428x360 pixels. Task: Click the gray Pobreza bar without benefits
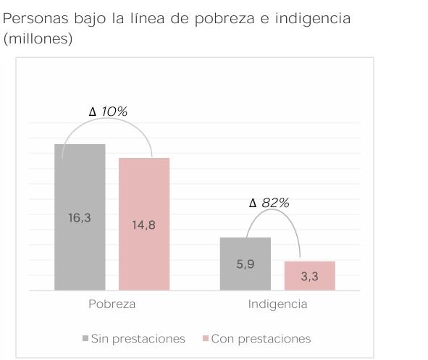[80, 181]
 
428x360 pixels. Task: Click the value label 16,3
[80, 217]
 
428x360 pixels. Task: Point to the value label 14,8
[143, 225]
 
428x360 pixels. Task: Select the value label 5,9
[246, 264]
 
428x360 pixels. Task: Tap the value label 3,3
[310, 276]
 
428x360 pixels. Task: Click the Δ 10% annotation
[108, 112]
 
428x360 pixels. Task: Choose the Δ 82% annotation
[269, 204]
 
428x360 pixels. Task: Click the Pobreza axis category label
[112, 304]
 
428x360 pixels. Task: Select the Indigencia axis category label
[277, 304]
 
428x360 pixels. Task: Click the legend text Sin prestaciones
[138, 339]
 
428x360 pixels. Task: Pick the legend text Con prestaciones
[261, 339]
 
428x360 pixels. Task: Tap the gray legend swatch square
[85, 339]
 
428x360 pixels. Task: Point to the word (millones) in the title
[38, 39]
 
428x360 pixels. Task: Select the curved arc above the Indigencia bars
[272, 214]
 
